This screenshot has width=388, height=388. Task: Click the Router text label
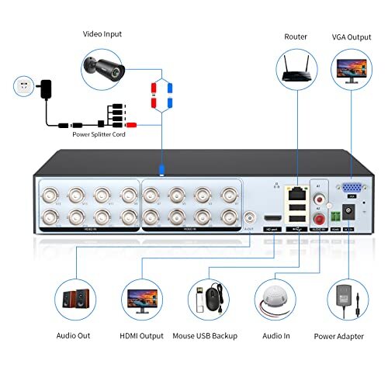295,36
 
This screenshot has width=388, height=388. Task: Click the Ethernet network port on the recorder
295,189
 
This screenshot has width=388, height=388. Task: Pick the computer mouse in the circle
217,299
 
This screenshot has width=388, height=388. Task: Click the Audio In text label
276,336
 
